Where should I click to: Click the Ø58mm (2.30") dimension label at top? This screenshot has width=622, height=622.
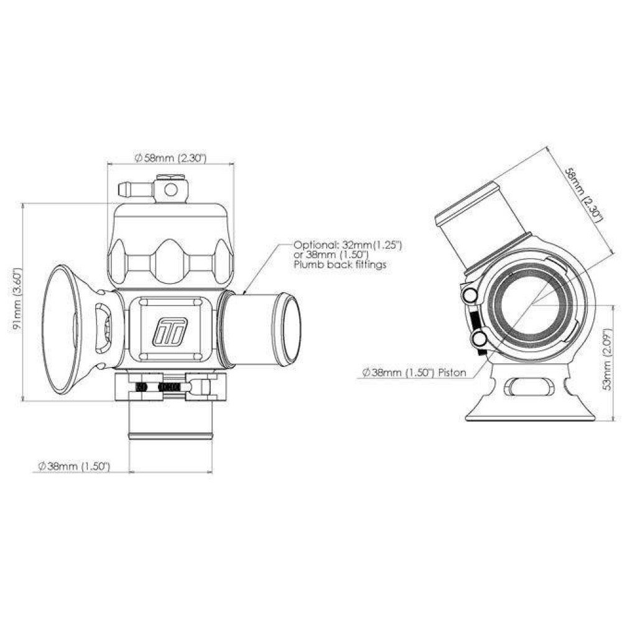[x=171, y=158]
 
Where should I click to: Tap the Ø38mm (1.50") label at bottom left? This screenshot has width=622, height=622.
[x=74, y=466]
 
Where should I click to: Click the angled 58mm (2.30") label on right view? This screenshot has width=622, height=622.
[x=583, y=195]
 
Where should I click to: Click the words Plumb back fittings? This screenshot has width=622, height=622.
[x=340, y=264]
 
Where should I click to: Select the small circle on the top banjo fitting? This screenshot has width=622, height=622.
[x=170, y=190]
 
